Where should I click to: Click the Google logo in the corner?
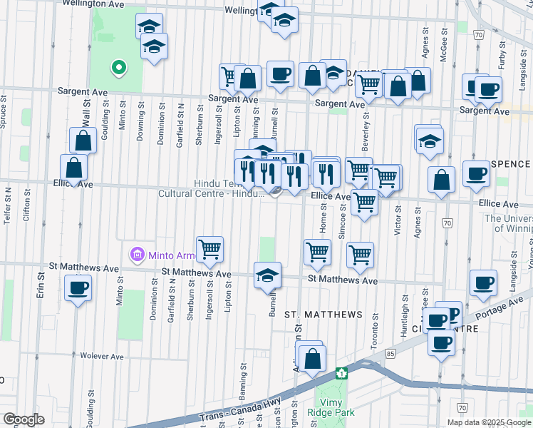tap(23, 419)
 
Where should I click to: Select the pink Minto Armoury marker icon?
tap(135, 254)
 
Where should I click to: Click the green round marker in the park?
tap(118, 68)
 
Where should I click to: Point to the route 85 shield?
tap(390, 352)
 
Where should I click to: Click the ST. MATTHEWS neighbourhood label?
tap(324, 314)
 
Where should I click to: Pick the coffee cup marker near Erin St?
tap(78, 289)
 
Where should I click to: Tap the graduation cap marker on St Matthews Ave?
tap(267, 275)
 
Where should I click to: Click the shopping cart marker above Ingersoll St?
tap(210, 250)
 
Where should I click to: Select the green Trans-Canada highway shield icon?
tap(342, 373)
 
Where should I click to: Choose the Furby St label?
tap(502, 53)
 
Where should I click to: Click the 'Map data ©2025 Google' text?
tap(488, 422)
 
